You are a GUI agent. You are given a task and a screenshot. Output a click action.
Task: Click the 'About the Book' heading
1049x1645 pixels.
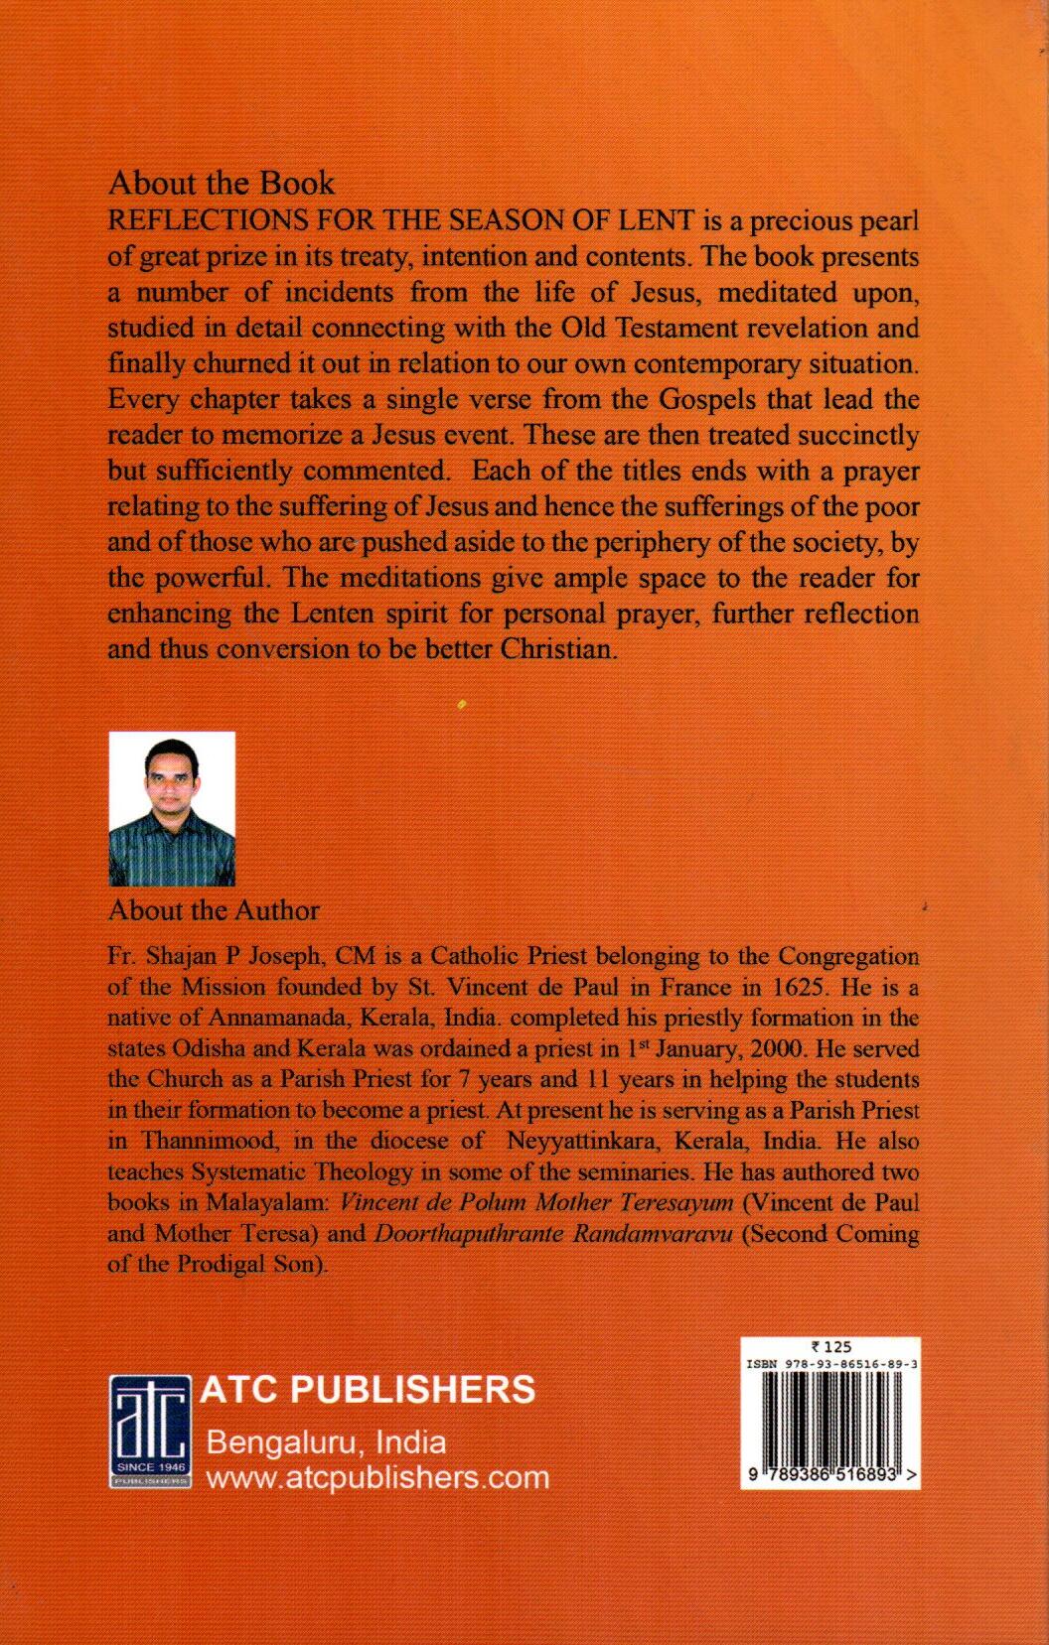tap(221, 184)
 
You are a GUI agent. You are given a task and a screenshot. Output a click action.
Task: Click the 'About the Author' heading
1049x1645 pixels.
tap(214, 910)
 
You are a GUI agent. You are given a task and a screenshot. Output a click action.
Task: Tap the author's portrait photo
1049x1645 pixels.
tap(172, 808)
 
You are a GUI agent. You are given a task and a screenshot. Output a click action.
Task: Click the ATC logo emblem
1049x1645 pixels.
tap(149, 1431)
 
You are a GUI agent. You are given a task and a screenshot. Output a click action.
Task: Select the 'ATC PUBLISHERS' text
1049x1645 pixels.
tap(368, 1388)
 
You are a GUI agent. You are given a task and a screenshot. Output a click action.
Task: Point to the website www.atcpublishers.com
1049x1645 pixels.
tap(376, 1477)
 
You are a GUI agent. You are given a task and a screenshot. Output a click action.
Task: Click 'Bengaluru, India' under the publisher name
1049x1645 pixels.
tap(326, 1441)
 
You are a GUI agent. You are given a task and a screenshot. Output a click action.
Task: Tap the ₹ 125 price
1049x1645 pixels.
tap(831, 1347)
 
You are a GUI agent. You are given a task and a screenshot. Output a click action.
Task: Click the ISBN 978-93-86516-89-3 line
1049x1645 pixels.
tap(830, 1364)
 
